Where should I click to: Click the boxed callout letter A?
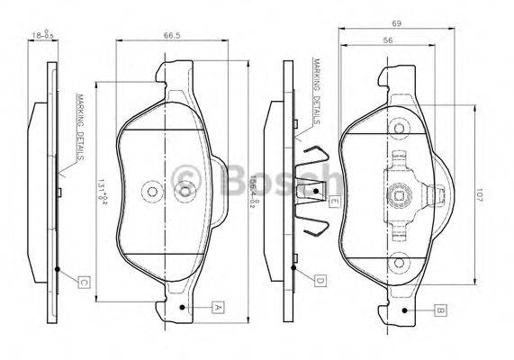tap(217, 308)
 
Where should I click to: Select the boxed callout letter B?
tap(439, 310)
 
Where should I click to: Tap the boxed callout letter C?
tap(82, 283)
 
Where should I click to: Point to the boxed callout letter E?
tap(332, 202)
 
